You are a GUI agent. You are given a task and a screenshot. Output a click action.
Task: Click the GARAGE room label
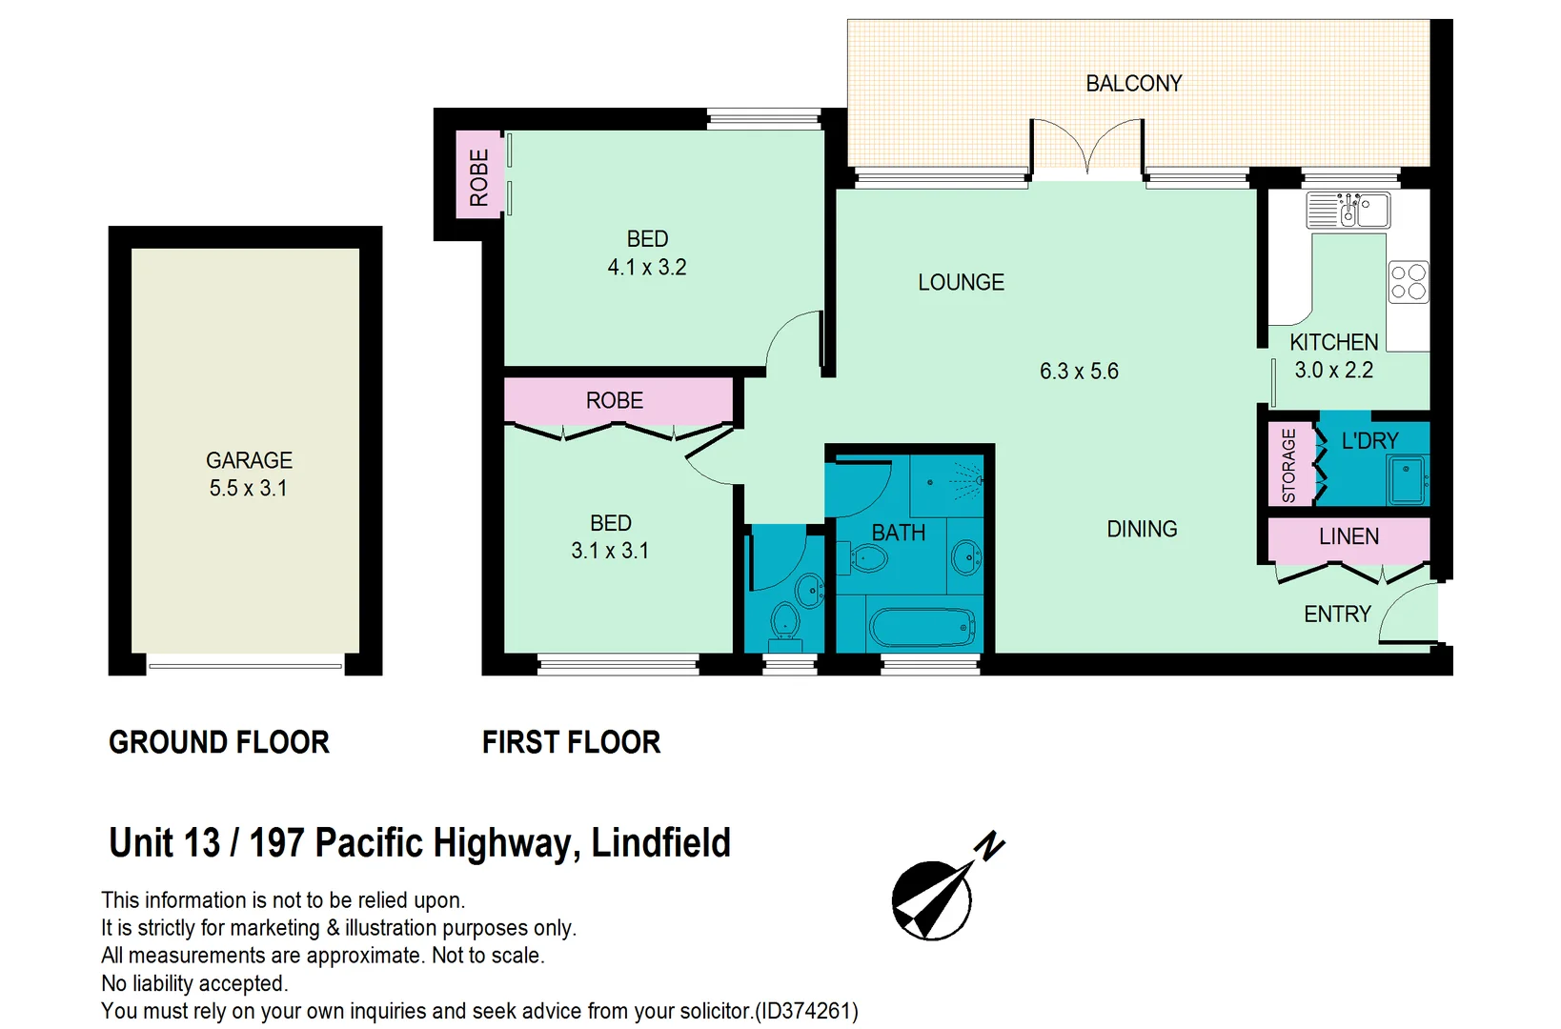pyautogui.click(x=249, y=460)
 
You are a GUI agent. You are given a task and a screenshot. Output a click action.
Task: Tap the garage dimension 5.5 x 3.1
pyautogui.click(x=248, y=489)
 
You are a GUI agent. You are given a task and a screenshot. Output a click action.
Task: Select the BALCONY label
pyautogui.click(x=1133, y=84)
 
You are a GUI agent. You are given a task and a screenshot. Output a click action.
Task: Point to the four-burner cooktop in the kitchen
pyautogui.click(x=1408, y=283)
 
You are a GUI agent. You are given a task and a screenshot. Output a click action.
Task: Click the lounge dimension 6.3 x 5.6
pyautogui.click(x=1079, y=372)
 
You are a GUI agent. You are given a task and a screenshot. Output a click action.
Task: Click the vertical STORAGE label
pyautogui.click(x=1288, y=465)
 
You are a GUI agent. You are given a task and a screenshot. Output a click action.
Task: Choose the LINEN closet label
pyautogui.click(x=1348, y=536)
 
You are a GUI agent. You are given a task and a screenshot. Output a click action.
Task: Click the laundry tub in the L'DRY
pyautogui.click(x=1407, y=479)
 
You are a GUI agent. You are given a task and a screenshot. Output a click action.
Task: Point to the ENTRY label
pyautogui.click(x=1337, y=615)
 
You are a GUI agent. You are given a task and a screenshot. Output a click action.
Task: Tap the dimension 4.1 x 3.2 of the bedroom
pyautogui.click(x=647, y=268)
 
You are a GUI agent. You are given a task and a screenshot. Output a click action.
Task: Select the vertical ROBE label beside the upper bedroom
pyautogui.click(x=479, y=177)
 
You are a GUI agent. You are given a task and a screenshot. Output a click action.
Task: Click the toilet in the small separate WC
pyautogui.click(x=785, y=621)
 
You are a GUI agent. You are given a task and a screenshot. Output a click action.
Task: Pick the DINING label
pyautogui.click(x=1142, y=529)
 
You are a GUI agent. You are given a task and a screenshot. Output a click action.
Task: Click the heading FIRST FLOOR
pyautogui.click(x=571, y=742)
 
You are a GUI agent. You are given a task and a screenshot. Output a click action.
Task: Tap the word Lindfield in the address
pyautogui.click(x=660, y=843)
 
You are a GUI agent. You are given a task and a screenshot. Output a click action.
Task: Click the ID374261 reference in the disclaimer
pyautogui.click(x=806, y=1011)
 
